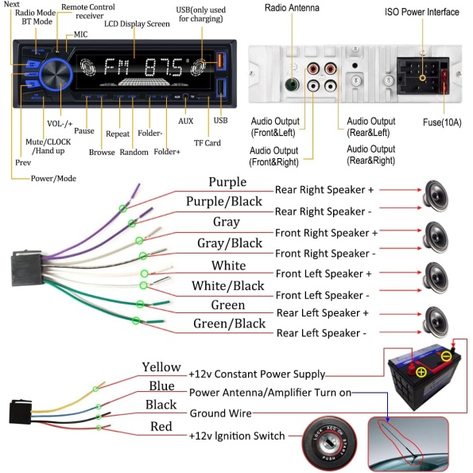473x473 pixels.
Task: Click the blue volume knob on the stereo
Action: (56, 75)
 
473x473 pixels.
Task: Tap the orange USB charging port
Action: (220, 60)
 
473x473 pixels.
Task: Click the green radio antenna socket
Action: (292, 85)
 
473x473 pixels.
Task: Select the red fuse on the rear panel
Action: (444, 82)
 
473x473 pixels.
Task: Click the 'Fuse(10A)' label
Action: (442, 122)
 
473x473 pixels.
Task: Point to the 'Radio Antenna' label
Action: (292, 8)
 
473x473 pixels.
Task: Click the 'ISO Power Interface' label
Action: (421, 12)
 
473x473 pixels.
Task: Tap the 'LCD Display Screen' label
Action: (137, 24)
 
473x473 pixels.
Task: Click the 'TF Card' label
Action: (207, 143)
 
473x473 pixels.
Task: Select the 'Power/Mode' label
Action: (53, 179)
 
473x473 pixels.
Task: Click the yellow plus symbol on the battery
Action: (421, 372)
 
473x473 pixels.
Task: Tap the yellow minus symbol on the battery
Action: (447, 356)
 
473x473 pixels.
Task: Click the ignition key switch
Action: (329, 443)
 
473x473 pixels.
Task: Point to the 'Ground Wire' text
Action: (220, 413)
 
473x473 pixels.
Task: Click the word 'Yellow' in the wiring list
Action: (161, 367)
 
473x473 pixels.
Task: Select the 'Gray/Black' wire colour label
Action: (230, 243)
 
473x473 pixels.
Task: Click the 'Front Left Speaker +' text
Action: (324, 274)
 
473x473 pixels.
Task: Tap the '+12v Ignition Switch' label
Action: (237, 436)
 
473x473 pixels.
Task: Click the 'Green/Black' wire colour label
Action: (229, 324)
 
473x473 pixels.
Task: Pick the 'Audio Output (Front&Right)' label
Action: (274, 157)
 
